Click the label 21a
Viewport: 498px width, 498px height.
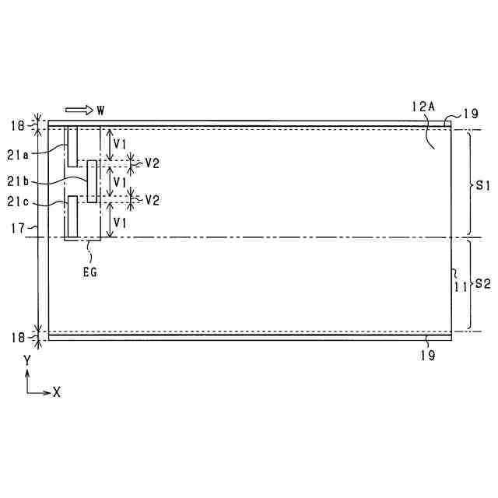pyautogui.click(x=18, y=155)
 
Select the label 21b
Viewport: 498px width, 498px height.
pyautogui.click(x=18, y=181)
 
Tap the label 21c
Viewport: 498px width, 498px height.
pyautogui.click(x=18, y=202)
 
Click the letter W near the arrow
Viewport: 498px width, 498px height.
pyautogui.click(x=100, y=110)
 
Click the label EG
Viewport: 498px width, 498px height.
pyautogui.click(x=91, y=272)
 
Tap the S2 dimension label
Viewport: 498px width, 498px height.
pyautogui.click(x=482, y=285)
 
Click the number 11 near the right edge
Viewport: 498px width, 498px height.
pyautogui.click(x=461, y=286)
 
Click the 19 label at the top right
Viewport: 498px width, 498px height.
pyautogui.click(x=470, y=114)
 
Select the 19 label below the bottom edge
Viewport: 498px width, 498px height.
pyautogui.click(x=427, y=356)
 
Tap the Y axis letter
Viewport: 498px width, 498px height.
pyautogui.click(x=26, y=361)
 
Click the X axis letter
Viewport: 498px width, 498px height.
pyautogui.click(x=56, y=392)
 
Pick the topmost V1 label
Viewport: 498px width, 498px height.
pyautogui.click(x=119, y=144)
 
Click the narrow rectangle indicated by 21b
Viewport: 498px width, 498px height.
pyautogui.click(x=93, y=181)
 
